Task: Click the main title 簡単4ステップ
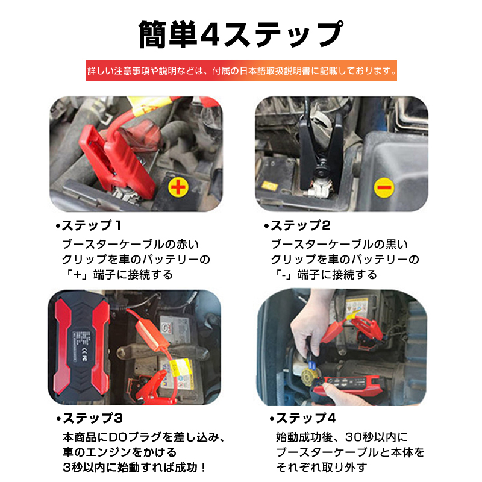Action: point(240,34)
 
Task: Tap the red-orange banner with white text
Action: point(241,70)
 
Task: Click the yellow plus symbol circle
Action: point(178,187)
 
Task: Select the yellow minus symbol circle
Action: point(384,187)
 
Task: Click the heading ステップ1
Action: point(89,225)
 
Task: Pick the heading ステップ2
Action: point(297,225)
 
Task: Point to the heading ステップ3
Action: point(90,418)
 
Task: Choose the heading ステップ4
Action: point(303,418)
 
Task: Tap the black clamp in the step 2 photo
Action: point(321,151)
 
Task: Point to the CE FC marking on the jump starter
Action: point(84,354)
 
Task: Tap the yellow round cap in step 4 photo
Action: point(307,374)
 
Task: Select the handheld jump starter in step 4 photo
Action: point(351,387)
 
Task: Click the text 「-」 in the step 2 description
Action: point(283,275)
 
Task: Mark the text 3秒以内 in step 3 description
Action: point(84,468)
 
